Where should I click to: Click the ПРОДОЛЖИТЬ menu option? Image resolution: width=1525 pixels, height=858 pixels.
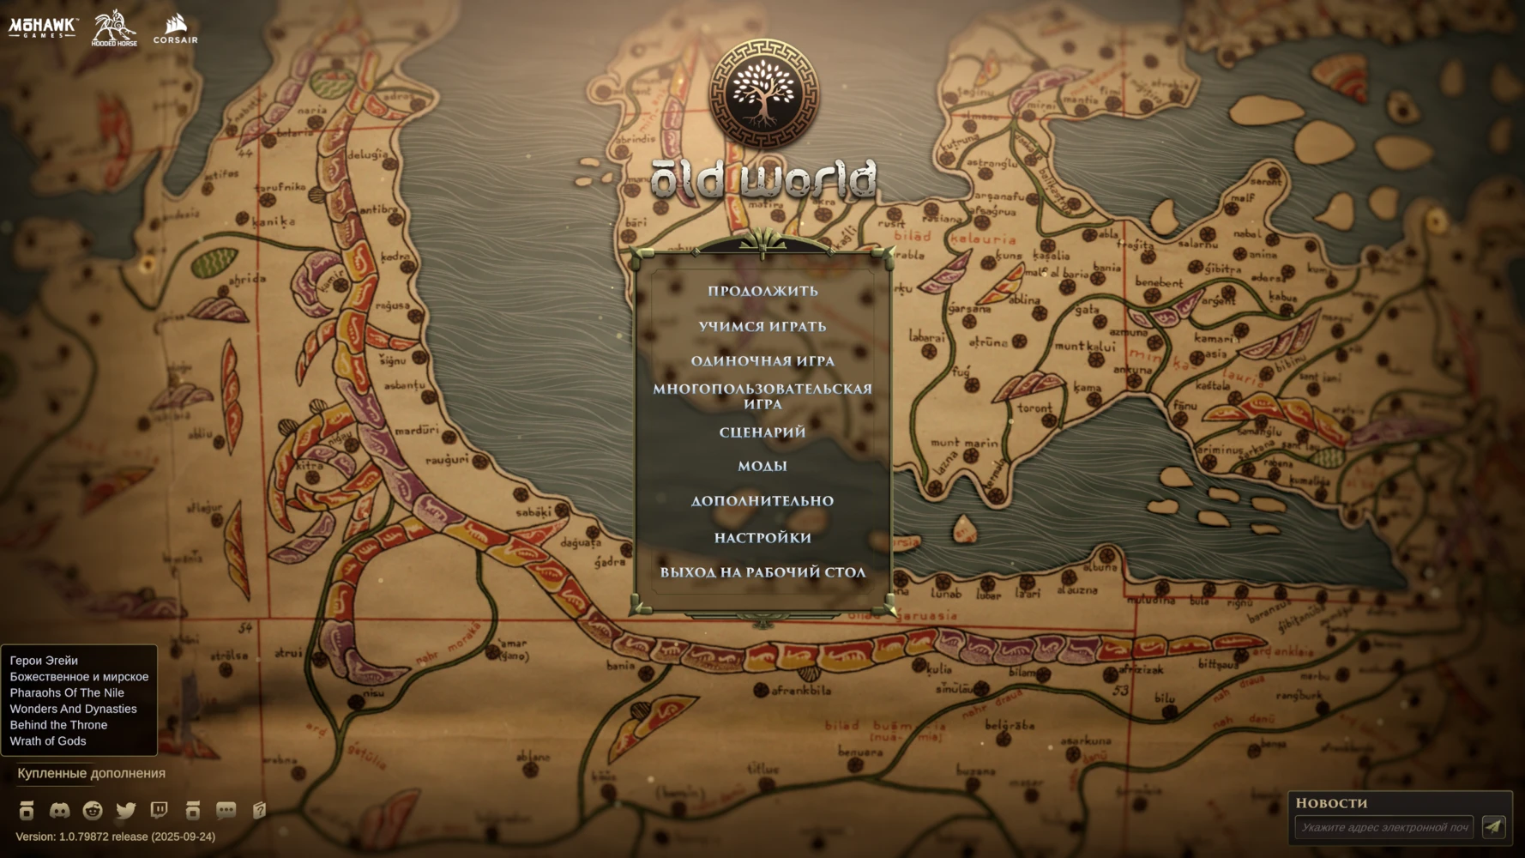click(x=762, y=291)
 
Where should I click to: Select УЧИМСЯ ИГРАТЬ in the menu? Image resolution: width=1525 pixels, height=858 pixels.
click(x=762, y=327)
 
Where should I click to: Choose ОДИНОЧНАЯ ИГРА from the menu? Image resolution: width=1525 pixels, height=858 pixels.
click(x=762, y=361)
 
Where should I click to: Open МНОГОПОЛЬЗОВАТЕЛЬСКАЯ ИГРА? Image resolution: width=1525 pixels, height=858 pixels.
click(x=762, y=396)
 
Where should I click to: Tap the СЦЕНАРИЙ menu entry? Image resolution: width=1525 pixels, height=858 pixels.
click(x=762, y=432)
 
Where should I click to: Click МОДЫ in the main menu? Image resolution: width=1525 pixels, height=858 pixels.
click(x=762, y=466)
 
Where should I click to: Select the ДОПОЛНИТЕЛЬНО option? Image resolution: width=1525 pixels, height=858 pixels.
click(x=762, y=501)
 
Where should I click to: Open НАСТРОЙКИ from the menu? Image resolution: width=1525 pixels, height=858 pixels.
click(x=762, y=538)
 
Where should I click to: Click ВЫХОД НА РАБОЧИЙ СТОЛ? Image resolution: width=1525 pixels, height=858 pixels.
click(x=762, y=572)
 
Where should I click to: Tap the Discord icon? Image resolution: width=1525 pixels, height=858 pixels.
click(x=59, y=810)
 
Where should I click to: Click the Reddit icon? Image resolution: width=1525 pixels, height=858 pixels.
click(x=93, y=810)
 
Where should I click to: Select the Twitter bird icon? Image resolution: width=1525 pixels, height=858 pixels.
click(x=126, y=810)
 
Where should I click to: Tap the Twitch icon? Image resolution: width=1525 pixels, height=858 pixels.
click(x=159, y=810)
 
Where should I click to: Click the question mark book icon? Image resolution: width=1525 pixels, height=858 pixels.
click(x=259, y=810)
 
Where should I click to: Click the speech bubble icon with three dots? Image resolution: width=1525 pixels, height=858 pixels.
click(x=226, y=810)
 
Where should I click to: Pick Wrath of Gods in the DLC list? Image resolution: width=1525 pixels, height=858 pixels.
click(x=48, y=741)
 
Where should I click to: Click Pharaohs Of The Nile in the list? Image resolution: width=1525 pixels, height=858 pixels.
click(x=67, y=692)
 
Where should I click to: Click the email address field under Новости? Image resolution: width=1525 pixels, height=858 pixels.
click(x=1383, y=827)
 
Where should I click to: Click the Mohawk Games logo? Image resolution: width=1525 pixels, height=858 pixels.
click(x=43, y=27)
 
